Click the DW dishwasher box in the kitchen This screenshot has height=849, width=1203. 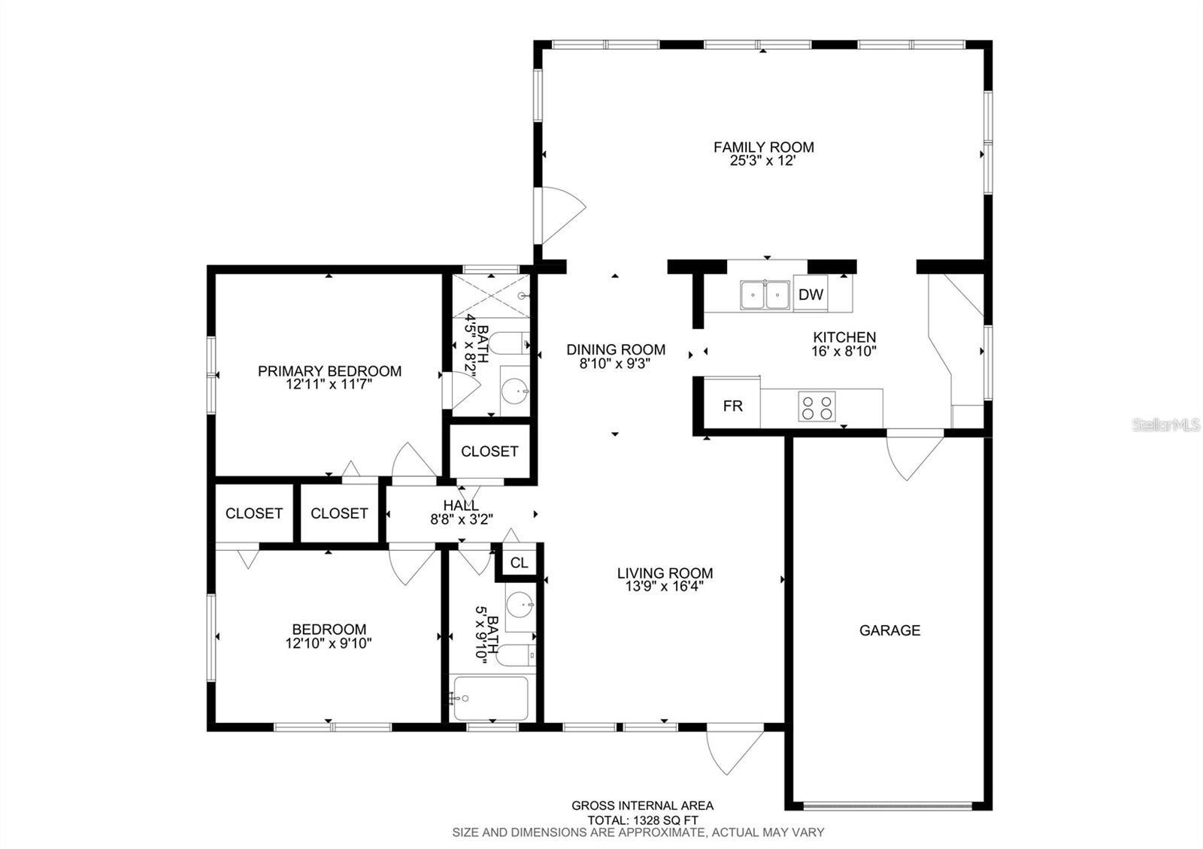(x=811, y=295)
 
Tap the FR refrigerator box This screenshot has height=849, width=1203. (x=732, y=406)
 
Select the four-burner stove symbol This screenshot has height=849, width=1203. (x=817, y=407)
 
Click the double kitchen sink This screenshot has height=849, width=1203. (x=764, y=295)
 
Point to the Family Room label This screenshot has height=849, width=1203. (x=763, y=147)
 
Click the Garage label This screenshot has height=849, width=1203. (x=889, y=630)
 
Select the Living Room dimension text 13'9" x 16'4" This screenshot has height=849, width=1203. (x=665, y=588)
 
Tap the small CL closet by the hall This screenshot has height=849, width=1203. (x=519, y=563)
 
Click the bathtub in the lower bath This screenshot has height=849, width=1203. (x=489, y=699)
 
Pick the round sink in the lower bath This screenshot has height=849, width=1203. (x=518, y=603)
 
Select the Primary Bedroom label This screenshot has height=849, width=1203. (x=329, y=371)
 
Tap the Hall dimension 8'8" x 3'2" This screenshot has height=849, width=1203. (x=461, y=518)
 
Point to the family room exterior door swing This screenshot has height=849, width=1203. (x=560, y=215)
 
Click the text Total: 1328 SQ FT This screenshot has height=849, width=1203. (x=642, y=820)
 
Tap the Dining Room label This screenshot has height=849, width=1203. (x=615, y=349)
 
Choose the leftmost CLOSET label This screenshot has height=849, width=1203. (x=254, y=513)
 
